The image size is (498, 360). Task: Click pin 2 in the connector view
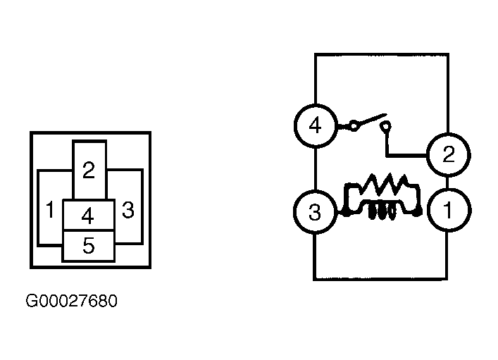89,170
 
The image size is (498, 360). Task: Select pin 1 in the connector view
50,208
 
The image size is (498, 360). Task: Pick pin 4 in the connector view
88,215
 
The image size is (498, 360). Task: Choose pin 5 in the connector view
88,245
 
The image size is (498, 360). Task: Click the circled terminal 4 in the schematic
315,126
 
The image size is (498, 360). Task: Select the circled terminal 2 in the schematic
448,155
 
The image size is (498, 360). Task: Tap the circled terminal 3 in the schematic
315,212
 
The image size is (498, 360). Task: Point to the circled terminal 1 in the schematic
448,210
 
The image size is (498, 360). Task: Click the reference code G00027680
71,301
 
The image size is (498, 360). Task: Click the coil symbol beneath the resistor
382,212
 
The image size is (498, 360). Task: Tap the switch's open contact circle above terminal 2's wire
385,127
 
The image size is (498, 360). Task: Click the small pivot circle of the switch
354,126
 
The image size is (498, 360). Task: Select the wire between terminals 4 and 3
316,169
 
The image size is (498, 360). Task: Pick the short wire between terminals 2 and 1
447,182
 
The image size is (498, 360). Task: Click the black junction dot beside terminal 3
346,213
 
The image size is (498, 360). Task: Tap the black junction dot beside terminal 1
418,212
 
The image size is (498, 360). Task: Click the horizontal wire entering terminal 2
406,156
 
